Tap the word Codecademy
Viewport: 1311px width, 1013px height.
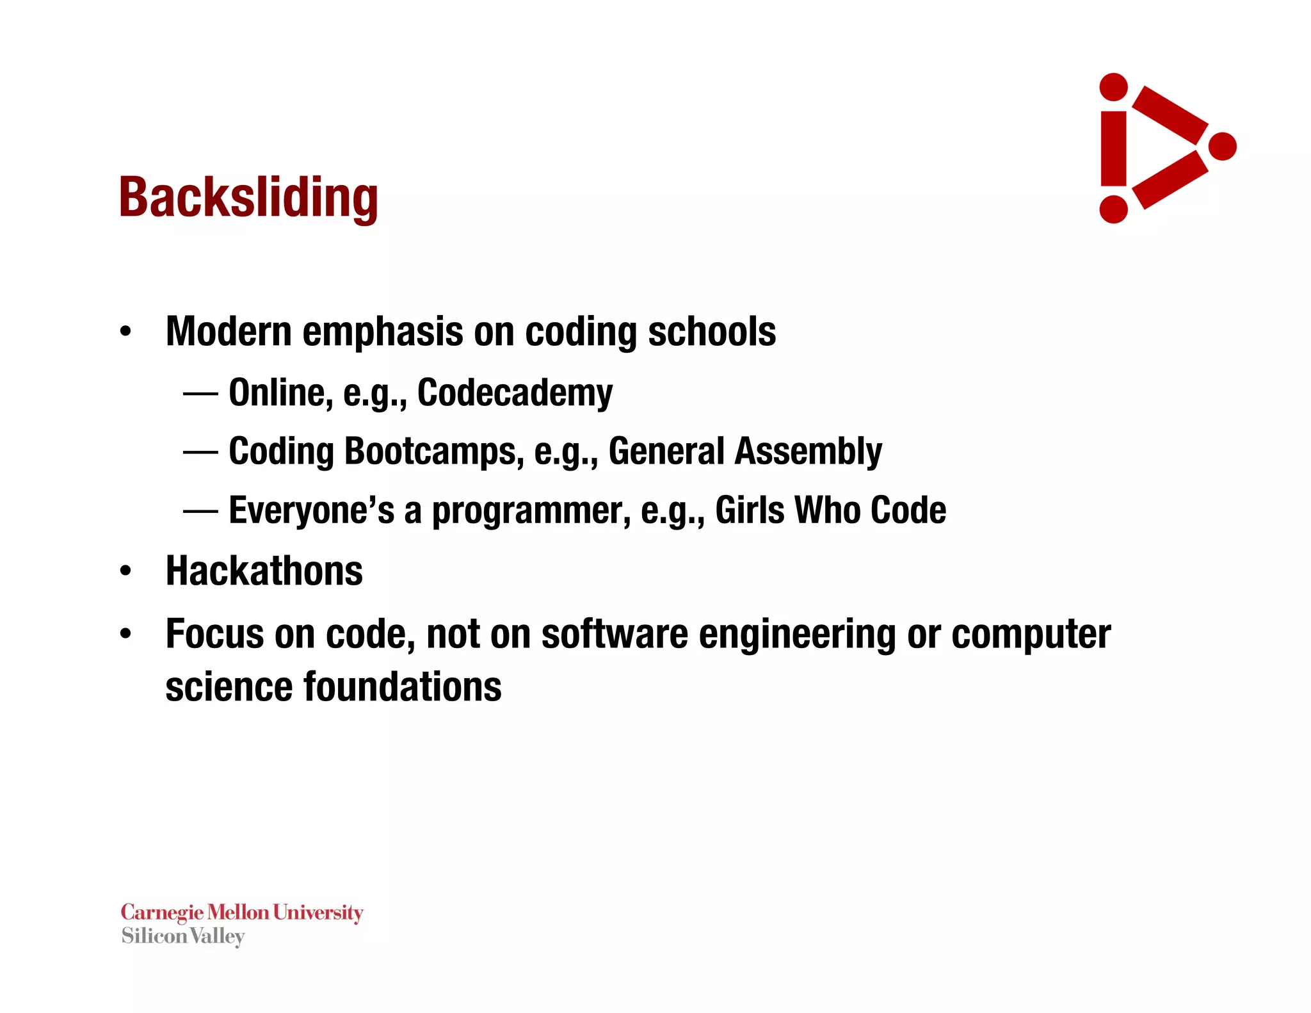click(x=515, y=393)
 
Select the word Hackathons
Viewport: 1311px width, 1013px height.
click(x=264, y=571)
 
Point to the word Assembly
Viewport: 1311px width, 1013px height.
click(x=808, y=451)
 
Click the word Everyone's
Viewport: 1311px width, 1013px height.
click(x=312, y=510)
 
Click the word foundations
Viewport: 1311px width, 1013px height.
click(x=402, y=687)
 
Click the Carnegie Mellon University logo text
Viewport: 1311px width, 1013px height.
click(x=242, y=912)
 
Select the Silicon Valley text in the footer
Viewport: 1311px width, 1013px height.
click(x=183, y=936)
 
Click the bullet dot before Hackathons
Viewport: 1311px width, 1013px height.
click(x=125, y=571)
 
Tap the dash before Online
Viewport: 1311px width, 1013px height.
click(x=200, y=394)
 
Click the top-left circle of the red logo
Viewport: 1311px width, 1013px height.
click(x=1113, y=87)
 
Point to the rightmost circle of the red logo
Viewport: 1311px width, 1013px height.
click(x=1223, y=147)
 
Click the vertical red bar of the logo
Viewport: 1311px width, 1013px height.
click(x=1113, y=149)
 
